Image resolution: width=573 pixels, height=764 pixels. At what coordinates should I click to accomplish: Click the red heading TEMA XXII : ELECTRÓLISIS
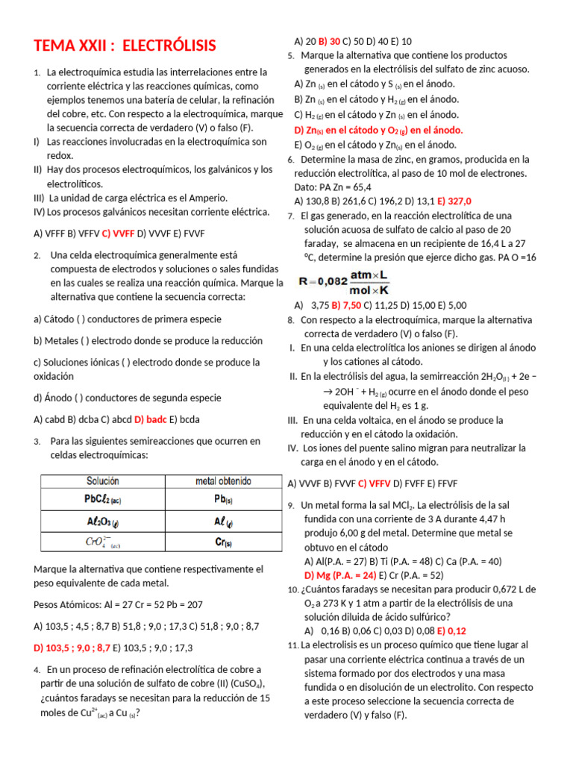coord(125,46)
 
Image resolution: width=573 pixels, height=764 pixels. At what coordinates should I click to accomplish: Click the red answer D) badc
coord(151,419)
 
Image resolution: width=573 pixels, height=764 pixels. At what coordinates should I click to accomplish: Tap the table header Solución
coord(103,481)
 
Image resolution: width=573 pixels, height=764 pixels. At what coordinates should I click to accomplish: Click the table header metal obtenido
coord(223,481)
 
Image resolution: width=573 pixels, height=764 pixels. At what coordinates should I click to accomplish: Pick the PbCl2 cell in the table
coord(103,500)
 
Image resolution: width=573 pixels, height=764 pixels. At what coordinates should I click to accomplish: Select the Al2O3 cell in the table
coord(103,522)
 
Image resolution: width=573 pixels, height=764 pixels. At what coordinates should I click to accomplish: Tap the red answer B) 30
coord(330,41)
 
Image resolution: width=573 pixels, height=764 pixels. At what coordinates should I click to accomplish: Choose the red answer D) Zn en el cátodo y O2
coord(378,130)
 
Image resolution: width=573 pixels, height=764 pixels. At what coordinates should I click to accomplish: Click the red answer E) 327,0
coord(454,201)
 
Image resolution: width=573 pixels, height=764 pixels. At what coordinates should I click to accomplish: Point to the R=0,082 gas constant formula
coord(345,283)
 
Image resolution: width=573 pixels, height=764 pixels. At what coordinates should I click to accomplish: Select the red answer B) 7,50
coord(346,305)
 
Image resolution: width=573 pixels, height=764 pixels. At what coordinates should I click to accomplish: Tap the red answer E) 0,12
coord(451,630)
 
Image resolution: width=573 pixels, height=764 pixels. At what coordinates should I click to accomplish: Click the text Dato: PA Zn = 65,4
coord(333,187)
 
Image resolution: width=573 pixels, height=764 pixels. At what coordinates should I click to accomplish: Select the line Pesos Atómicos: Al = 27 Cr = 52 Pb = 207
coord(119,604)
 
